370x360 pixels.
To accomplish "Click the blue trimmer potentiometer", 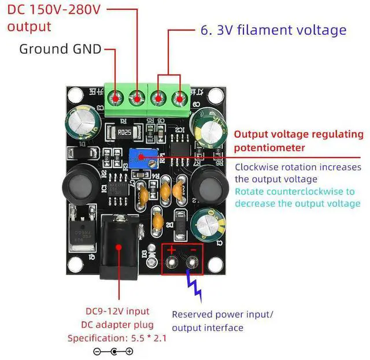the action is (143, 158).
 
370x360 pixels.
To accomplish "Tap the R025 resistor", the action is (124, 132).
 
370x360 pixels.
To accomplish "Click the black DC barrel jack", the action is (119, 247).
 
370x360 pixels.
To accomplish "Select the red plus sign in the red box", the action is (171, 250).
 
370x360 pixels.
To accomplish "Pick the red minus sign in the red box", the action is (193, 250).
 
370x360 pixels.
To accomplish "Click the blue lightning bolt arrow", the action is (194, 286).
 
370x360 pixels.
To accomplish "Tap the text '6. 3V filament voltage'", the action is (273, 30).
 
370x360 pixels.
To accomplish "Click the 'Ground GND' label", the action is (60, 49).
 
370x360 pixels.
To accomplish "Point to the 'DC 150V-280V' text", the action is (54, 10).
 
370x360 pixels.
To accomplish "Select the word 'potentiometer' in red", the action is (269, 148).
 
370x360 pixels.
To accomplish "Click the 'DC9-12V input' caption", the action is (117, 311).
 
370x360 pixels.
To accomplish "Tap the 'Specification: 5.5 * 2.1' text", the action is (117, 338).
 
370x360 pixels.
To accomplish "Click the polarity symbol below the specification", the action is (113, 352).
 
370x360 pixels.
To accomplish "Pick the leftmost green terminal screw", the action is (116, 98).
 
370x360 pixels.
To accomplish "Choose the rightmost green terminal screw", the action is (180, 99).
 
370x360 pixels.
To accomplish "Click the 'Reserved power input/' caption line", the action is (223, 314).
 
